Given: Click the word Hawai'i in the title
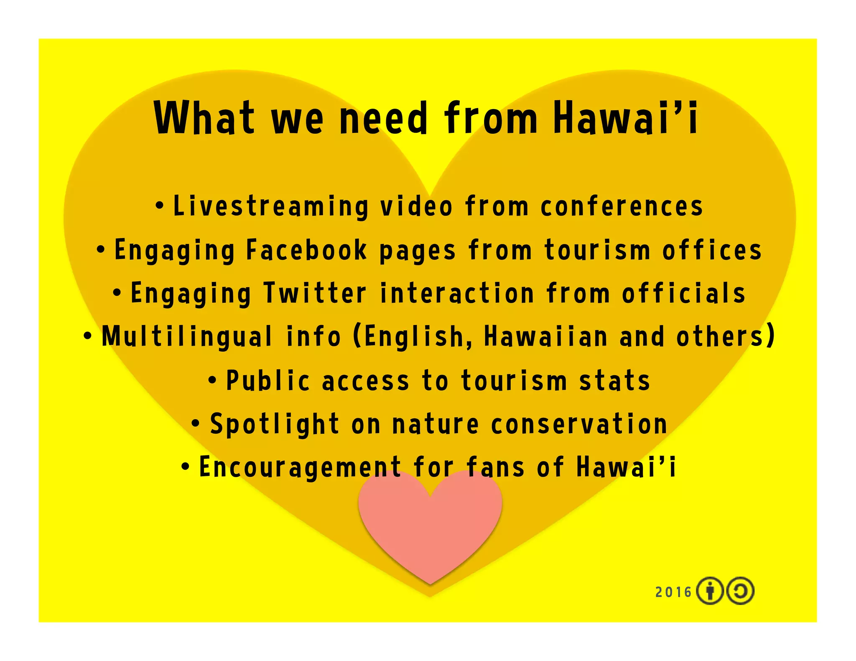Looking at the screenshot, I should pos(626,118).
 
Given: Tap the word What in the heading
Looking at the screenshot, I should pos(204,118).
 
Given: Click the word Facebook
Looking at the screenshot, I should pos(306,250).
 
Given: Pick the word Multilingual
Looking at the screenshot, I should pos(187,336).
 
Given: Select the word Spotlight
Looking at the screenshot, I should pos(274,424).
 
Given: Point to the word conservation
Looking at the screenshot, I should pos(579,424).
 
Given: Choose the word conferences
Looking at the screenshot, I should pos(622,206).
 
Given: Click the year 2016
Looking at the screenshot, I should pos(673,592).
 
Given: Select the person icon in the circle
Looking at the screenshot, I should pos(710,591).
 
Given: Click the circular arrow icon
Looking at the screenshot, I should pos(740,591).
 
